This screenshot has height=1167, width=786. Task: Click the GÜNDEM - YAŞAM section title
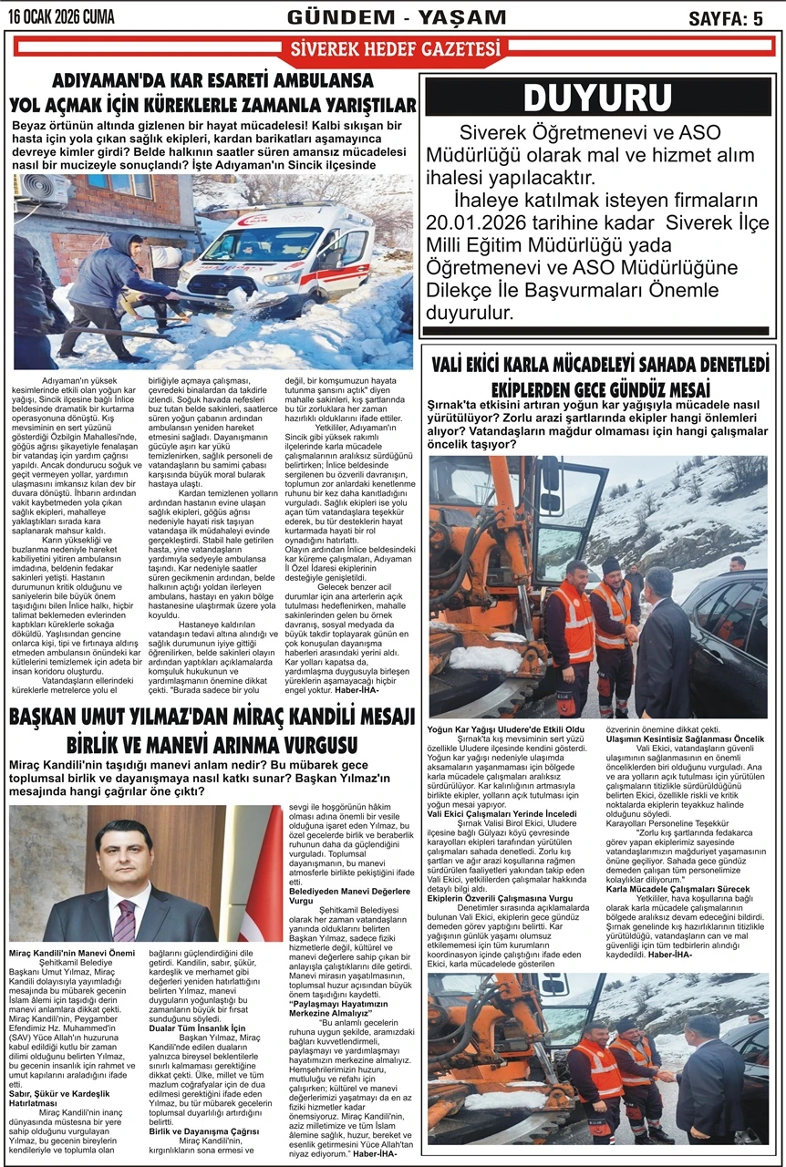pos(396,17)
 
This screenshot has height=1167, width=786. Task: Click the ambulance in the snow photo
pos(274,254)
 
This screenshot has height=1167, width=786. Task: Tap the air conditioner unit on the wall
pos(43,191)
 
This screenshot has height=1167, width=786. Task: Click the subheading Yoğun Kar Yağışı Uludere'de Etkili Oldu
pos(506,729)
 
